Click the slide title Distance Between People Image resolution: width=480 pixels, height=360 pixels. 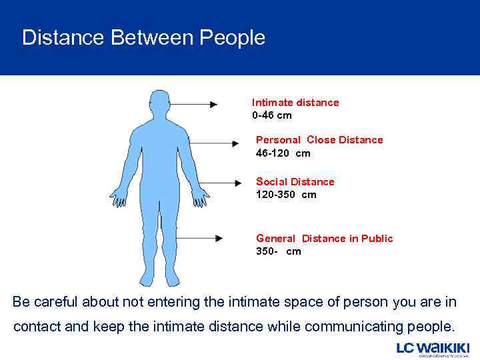(x=143, y=37)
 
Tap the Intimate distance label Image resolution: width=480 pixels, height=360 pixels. (x=295, y=102)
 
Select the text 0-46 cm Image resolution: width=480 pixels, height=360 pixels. (x=271, y=115)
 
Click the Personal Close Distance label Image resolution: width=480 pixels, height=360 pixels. (x=319, y=140)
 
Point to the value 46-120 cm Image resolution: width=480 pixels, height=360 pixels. (x=283, y=153)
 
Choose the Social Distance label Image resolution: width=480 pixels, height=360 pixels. (x=295, y=181)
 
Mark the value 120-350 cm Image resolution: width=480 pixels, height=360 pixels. (x=286, y=195)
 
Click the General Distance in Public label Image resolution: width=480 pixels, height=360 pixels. (x=324, y=238)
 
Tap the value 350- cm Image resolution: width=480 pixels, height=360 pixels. (x=278, y=251)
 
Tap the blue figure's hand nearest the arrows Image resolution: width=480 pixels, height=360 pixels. (x=199, y=197)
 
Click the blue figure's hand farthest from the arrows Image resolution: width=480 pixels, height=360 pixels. (x=119, y=197)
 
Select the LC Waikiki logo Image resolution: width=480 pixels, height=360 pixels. (x=433, y=349)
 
